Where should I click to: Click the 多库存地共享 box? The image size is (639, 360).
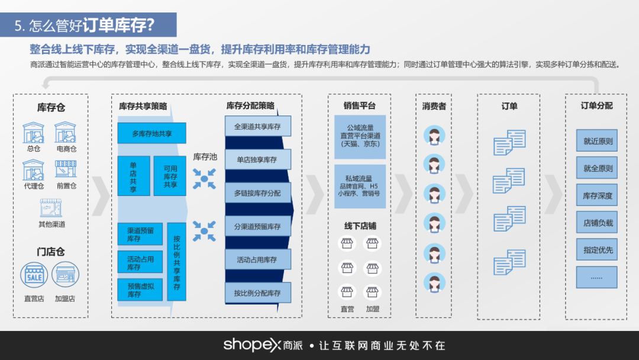coord(151,133)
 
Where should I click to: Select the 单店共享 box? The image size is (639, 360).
coord(133,176)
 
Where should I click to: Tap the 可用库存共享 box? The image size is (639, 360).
coord(170,176)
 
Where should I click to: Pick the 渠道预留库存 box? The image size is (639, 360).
coord(140,234)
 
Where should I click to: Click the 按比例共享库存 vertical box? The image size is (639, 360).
coord(176,262)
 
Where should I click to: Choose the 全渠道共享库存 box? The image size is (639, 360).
coord(257,127)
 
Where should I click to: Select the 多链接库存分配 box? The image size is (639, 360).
coord(257,193)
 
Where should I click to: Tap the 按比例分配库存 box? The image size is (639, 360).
coord(257,292)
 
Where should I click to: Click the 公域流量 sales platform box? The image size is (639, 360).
coord(360,136)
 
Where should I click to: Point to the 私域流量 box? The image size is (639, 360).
coord(360,186)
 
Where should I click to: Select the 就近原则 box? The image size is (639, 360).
coord(596,141)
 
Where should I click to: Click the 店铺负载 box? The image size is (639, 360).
coord(596,223)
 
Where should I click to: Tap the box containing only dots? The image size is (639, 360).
coord(596,277)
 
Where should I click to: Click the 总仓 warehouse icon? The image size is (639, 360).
coord(34,133)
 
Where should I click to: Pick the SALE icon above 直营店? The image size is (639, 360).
coord(34,275)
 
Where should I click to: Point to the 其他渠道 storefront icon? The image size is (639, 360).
coord(51,208)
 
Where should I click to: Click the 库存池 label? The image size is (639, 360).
coord(205,157)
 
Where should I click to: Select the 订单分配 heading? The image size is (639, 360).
coord(596,106)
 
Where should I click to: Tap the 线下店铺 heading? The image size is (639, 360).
coord(360,226)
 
